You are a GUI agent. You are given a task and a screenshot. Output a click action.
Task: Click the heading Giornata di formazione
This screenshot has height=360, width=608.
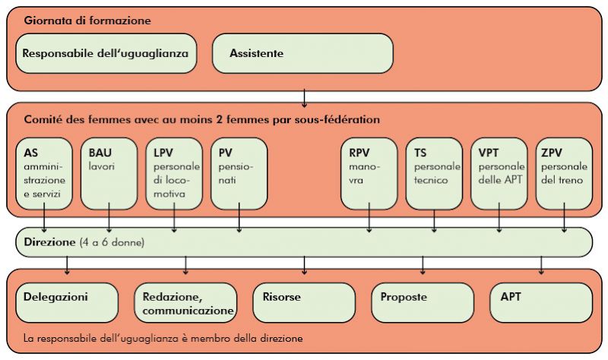[x=87, y=21]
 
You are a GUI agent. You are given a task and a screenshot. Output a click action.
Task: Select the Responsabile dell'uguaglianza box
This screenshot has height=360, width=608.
[x=106, y=53]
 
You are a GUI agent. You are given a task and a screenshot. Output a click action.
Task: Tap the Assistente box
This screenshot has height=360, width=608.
[x=302, y=53]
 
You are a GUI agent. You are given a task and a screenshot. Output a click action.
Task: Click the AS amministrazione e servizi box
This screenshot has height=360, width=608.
[x=44, y=174]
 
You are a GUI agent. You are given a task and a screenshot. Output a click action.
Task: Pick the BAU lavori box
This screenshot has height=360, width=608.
[x=109, y=174]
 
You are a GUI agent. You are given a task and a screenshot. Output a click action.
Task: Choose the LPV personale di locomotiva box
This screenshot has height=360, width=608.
[x=174, y=174]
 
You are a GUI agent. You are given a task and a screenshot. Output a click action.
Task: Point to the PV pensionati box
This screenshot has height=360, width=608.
[x=239, y=174]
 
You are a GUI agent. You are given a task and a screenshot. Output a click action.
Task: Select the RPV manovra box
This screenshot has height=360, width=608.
[x=369, y=174]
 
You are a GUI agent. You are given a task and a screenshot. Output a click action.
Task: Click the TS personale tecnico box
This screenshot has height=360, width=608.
[x=434, y=174]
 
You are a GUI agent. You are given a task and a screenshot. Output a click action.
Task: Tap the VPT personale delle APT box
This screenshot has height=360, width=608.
[x=499, y=174]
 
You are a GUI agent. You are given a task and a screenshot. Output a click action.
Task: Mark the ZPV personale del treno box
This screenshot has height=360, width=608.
[x=564, y=174]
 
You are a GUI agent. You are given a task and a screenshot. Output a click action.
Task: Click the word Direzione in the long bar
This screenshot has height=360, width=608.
[x=49, y=242]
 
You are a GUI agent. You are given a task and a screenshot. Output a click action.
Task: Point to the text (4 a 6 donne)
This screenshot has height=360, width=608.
[x=112, y=242]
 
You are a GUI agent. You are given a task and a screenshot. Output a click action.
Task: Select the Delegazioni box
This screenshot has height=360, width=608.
[x=67, y=302]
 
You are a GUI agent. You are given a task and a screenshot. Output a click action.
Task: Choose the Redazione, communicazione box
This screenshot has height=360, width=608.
[x=185, y=302]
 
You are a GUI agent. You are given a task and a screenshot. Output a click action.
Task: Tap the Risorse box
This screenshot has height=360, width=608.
[x=304, y=302]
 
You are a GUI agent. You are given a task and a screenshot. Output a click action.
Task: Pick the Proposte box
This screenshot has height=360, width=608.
[x=423, y=302]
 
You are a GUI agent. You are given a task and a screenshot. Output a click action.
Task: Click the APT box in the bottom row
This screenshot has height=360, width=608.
[x=541, y=302]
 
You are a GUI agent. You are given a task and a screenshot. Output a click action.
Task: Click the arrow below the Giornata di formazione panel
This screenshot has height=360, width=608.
[x=305, y=99]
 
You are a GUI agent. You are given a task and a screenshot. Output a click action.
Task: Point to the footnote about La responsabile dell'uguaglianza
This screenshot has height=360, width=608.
[x=163, y=338]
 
